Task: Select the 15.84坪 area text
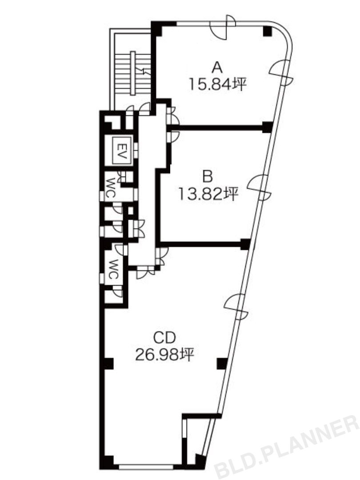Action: click(x=217, y=84)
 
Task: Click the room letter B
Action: click(x=208, y=176)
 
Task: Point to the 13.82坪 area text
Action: click(x=208, y=194)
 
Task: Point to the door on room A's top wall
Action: click(x=223, y=27)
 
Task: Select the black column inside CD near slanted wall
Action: click(x=222, y=364)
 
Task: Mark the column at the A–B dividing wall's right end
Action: click(x=267, y=127)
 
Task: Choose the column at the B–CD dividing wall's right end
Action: click(x=245, y=244)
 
